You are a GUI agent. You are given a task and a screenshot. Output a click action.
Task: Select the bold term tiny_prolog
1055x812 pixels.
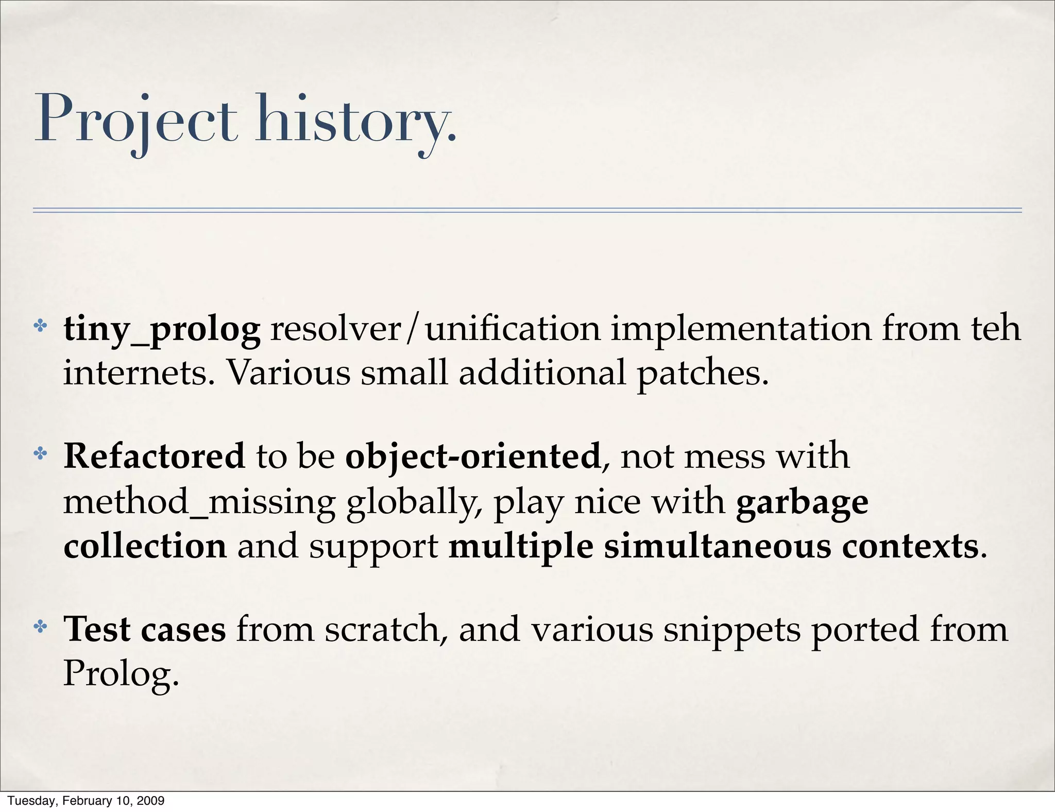pyautogui.click(x=162, y=330)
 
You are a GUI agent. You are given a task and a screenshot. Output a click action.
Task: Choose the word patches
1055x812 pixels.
pyautogui.click(x=703, y=374)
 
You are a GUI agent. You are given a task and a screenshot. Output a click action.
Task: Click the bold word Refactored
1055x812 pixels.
pyautogui.click(x=154, y=456)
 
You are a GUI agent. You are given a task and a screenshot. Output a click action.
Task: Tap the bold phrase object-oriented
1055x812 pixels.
pyautogui.click(x=473, y=457)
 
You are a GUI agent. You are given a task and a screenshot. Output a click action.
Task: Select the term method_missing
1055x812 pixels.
pyautogui.click(x=199, y=502)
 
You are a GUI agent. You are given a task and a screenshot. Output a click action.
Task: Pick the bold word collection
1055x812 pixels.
pyautogui.click(x=145, y=546)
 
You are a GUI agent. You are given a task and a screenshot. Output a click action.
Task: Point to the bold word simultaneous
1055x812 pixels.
pyautogui.click(x=718, y=546)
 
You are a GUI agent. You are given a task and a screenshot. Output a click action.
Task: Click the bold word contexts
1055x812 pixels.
pyautogui.click(x=910, y=546)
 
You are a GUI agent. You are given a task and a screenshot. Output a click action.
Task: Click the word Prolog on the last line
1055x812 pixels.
pyautogui.click(x=121, y=674)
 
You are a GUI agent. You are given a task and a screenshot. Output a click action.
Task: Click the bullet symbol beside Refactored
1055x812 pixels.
pyautogui.click(x=40, y=454)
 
